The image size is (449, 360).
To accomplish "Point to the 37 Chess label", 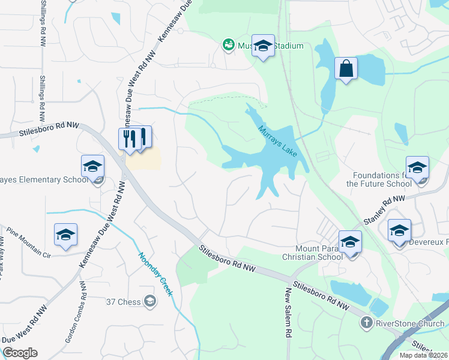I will tap(124, 301).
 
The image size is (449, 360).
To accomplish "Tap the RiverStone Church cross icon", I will tap(366, 323).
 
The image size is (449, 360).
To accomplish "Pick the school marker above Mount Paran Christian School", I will tap(350, 242).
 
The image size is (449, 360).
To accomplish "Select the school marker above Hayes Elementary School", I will tap(93, 166).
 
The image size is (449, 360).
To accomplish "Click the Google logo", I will tap(20, 353).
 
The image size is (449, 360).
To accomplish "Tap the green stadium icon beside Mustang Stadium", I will tap(228, 44).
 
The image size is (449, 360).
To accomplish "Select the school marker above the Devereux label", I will tap(399, 230).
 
